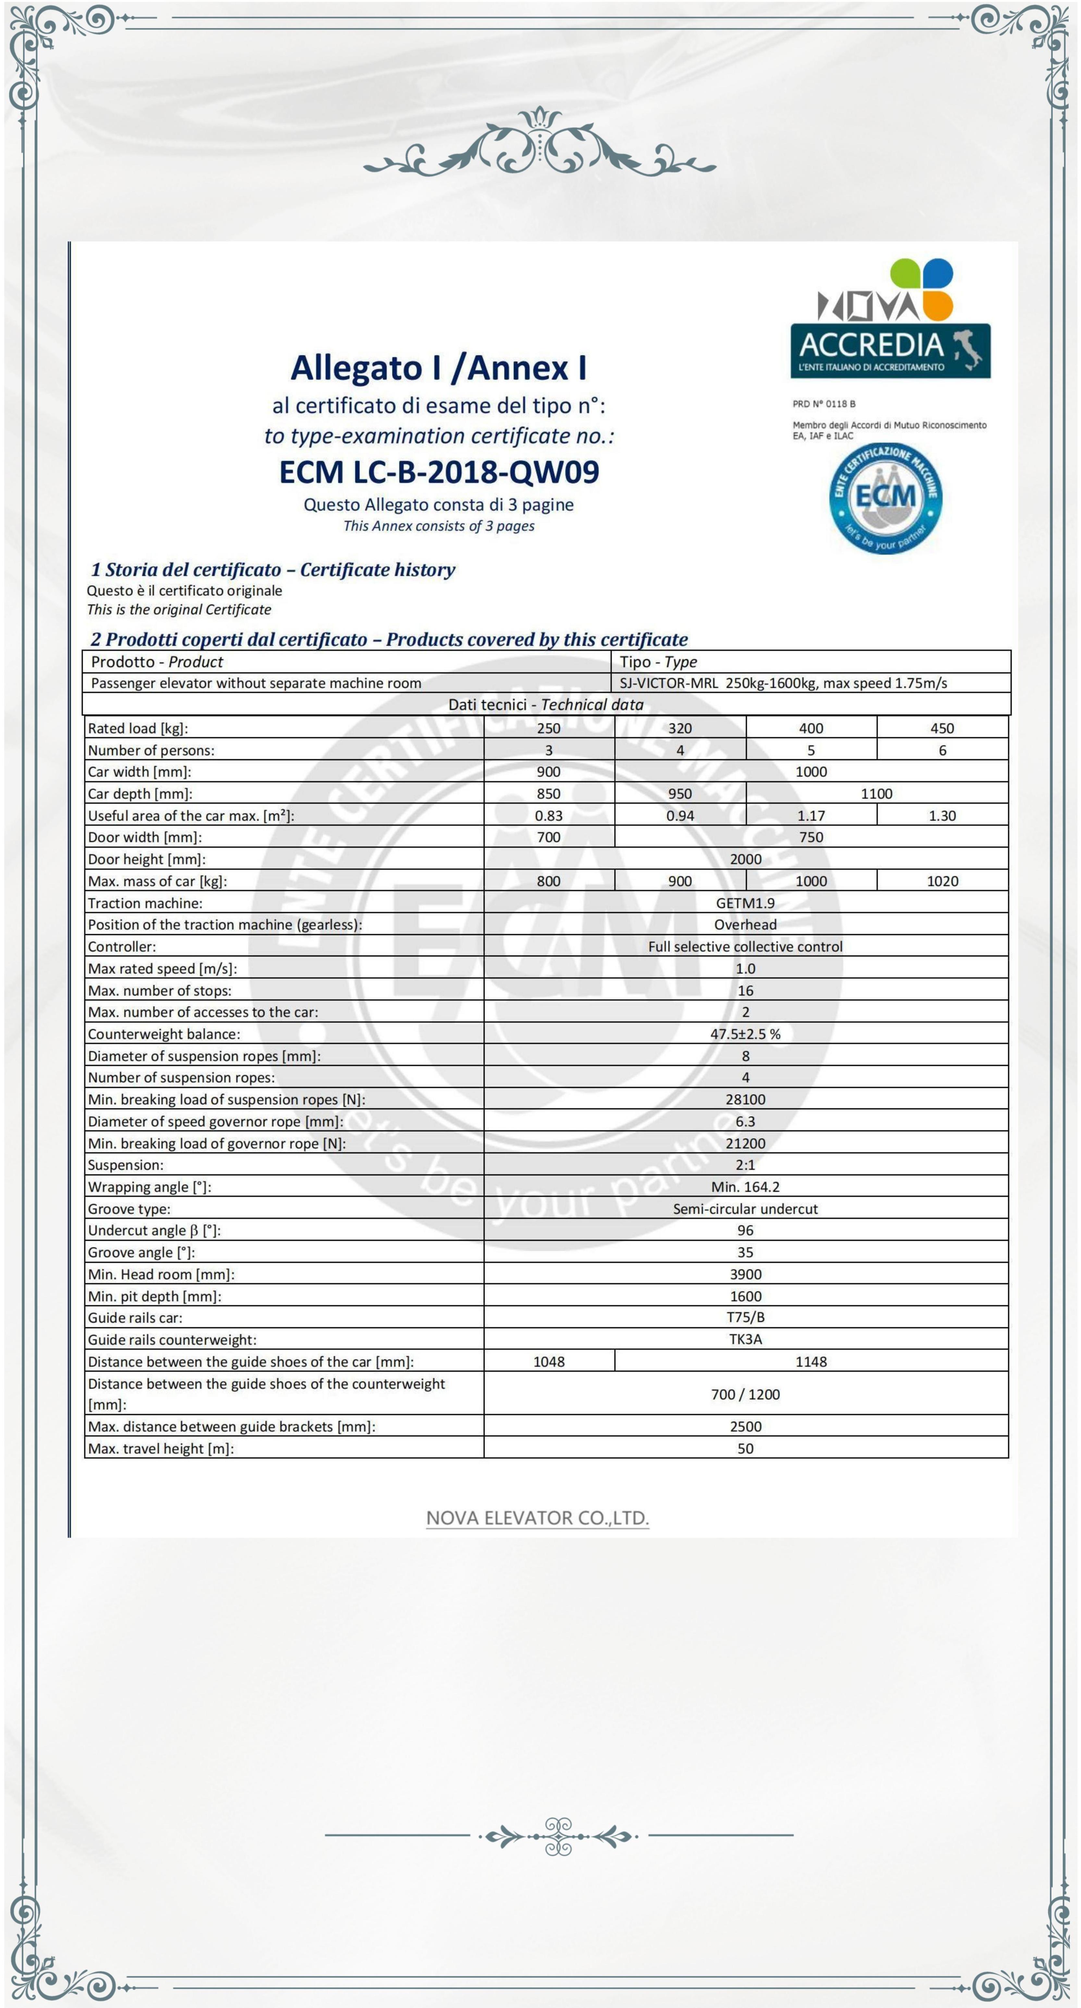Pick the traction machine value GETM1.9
point(745,903)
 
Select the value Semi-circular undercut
point(745,1208)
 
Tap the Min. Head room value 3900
point(745,1274)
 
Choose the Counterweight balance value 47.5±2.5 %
point(745,1034)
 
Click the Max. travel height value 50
point(745,1448)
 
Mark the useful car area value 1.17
point(811,815)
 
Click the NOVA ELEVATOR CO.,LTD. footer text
point(537,1518)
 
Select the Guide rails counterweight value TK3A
point(745,1339)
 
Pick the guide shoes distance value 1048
point(549,1361)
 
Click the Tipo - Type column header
point(658,662)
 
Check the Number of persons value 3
point(549,750)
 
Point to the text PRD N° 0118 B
point(824,404)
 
